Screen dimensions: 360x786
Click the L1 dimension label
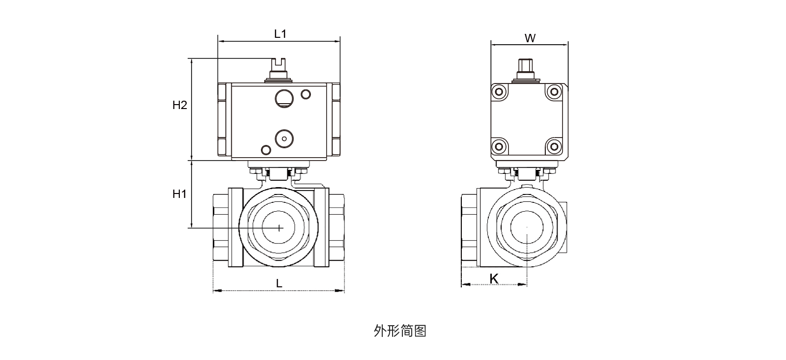click(x=280, y=34)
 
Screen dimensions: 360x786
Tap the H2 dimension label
click(x=180, y=105)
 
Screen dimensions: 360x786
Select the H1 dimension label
click(x=180, y=194)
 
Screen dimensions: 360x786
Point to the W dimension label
click(x=530, y=38)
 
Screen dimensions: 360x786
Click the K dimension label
click(x=494, y=279)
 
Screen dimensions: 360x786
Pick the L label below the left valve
click(x=279, y=283)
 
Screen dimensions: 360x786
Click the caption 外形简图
click(x=400, y=331)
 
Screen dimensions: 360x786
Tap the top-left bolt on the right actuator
click(x=500, y=92)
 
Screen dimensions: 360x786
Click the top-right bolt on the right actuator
click(x=554, y=92)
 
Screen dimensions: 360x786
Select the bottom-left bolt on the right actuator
click(x=500, y=146)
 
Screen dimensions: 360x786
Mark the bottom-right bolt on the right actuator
click(x=554, y=146)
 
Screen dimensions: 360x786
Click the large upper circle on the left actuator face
click(x=283, y=98)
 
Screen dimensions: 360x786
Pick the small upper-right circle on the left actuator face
click(x=306, y=93)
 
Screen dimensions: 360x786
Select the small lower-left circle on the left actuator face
click(x=266, y=149)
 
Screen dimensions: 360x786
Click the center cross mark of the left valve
click(x=279, y=227)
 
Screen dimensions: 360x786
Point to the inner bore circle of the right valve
click(x=527, y=227)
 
